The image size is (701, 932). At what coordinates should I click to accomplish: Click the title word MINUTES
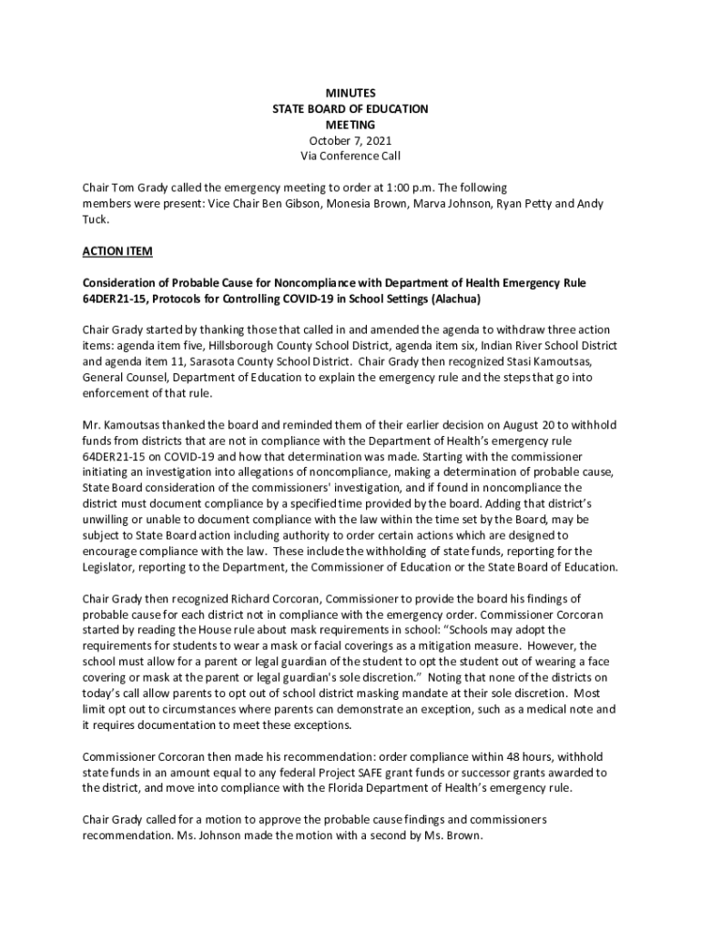pos(350,94)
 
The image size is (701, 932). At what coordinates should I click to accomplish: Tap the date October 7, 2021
pos(350,140)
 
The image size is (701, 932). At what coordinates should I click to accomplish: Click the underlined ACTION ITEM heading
pos(117,250)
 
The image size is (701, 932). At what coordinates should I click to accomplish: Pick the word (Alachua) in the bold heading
pos(453,299)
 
